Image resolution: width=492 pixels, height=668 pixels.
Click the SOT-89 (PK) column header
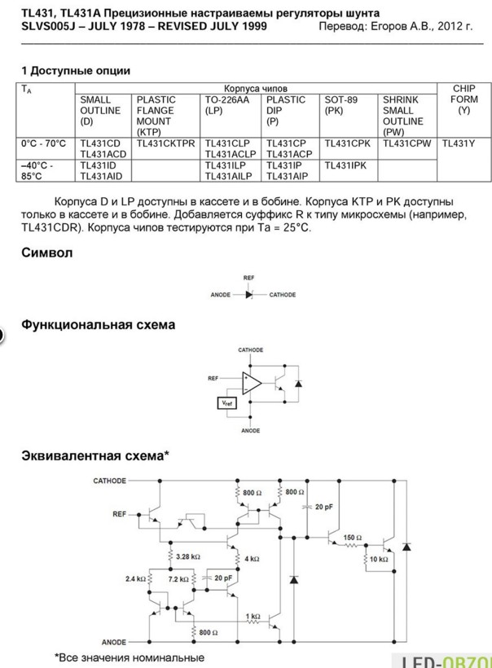click(340, 105)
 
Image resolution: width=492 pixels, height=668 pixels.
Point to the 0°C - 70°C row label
click(43, 143)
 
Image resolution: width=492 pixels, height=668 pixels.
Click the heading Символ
click(47, 253)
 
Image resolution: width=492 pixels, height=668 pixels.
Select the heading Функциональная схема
click(98, 324)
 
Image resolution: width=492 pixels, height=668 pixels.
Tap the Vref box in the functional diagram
click(226, 403)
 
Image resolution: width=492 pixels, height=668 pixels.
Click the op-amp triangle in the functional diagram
click(252, 383)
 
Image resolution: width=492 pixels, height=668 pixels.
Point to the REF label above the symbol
click(248, 278)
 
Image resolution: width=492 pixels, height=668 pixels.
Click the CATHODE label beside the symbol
click(283, 294)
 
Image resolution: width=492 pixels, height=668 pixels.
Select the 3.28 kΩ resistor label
click(188, 556)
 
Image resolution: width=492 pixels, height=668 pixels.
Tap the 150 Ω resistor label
click(352, 538)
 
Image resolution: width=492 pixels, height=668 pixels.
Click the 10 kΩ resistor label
click(379, 559)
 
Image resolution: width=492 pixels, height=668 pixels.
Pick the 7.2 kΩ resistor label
click(178, 579)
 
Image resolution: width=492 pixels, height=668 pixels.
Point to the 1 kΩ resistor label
click(253, 616)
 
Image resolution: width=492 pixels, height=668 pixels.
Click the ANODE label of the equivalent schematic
click(114, 642)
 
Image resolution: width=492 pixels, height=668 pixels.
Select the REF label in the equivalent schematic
click(119, 514)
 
